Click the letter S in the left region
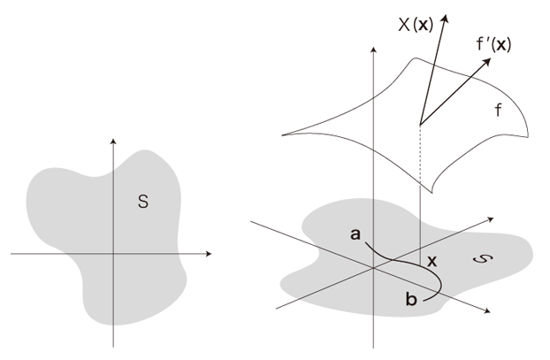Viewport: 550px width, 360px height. pyautogui.click(x=142, y=203)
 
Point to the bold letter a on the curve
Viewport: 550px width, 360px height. pyautogui.click(x=355, y=234)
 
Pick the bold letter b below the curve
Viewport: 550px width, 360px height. pyautogui.click(x=410, y=299)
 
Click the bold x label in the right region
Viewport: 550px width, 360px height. pyautogui.click(x=432, y=262)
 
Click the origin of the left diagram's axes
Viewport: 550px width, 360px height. pyautogui.click(x=114, y=254)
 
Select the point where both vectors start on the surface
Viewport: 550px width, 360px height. pyautogui.click(x=419, y=124)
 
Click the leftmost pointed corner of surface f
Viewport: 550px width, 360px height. pyautogui.click(x=282, y=134)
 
